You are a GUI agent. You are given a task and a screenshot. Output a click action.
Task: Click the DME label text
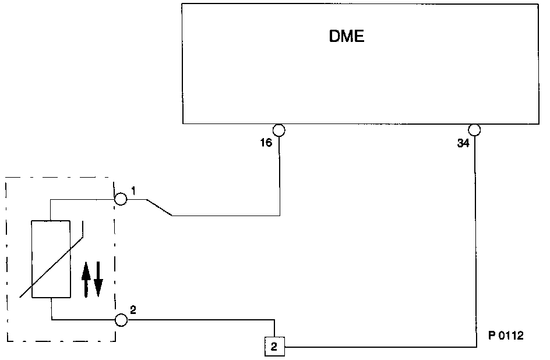click(347, 37)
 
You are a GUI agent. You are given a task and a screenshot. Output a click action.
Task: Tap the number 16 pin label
click(266, 143)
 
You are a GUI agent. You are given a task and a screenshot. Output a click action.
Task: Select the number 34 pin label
click(463, 143)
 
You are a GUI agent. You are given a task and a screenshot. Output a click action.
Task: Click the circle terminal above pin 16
click(279, 129)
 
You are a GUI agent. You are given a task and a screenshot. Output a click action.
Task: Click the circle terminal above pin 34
click(475, 129)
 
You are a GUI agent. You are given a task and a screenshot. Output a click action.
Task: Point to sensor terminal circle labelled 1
click(120, 199)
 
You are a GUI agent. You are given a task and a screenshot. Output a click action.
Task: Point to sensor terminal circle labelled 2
click(121, 320)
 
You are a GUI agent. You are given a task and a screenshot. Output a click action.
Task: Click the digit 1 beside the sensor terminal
click(133, 190)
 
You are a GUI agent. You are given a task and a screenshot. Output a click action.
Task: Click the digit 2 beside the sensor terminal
click(133, 309)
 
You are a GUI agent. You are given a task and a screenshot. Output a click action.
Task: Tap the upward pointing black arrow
click(86, 278)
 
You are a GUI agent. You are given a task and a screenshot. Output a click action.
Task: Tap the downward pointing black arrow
click(98, 279)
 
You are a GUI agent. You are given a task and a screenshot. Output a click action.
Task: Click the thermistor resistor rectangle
click(51, 259)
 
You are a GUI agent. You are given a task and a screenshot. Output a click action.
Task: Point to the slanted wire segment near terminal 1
click(159, 208)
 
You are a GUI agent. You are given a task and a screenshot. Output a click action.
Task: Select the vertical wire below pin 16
click(280, 175)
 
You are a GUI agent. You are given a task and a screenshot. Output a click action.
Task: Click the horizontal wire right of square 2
click(379, 347)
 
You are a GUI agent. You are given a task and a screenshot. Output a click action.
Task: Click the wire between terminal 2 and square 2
click(198, 320)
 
